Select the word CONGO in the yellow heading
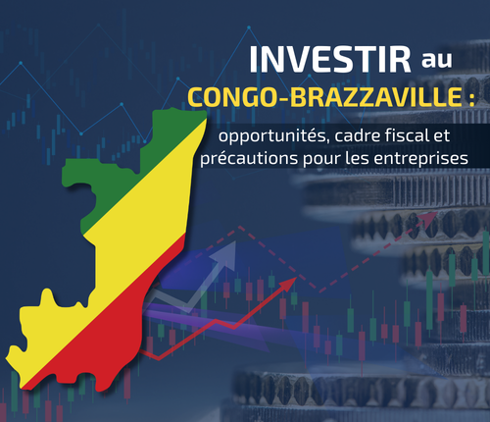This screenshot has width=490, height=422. coord(233,99)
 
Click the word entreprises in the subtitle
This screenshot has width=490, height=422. coord(436,157)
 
